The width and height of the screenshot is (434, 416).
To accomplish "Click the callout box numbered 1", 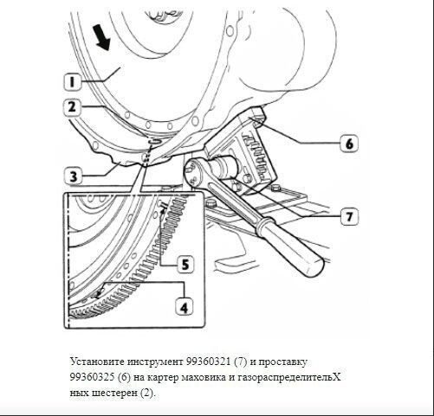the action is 72,80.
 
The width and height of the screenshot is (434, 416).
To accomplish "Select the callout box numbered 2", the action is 72,107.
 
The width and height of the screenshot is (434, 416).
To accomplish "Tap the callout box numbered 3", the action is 74,176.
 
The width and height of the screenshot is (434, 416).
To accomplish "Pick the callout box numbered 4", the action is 185,307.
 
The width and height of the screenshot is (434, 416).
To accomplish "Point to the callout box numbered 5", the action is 185,265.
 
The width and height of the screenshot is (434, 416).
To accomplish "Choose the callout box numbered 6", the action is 349,143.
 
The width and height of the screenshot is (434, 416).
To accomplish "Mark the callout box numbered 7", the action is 349,216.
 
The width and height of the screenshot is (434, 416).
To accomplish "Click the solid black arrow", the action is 101,37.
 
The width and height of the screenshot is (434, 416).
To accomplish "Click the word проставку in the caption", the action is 282,362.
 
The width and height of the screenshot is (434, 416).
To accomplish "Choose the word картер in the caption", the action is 163,378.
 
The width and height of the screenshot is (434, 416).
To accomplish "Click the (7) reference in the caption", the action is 241,362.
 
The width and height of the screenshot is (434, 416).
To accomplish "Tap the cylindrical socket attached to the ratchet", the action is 223,167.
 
